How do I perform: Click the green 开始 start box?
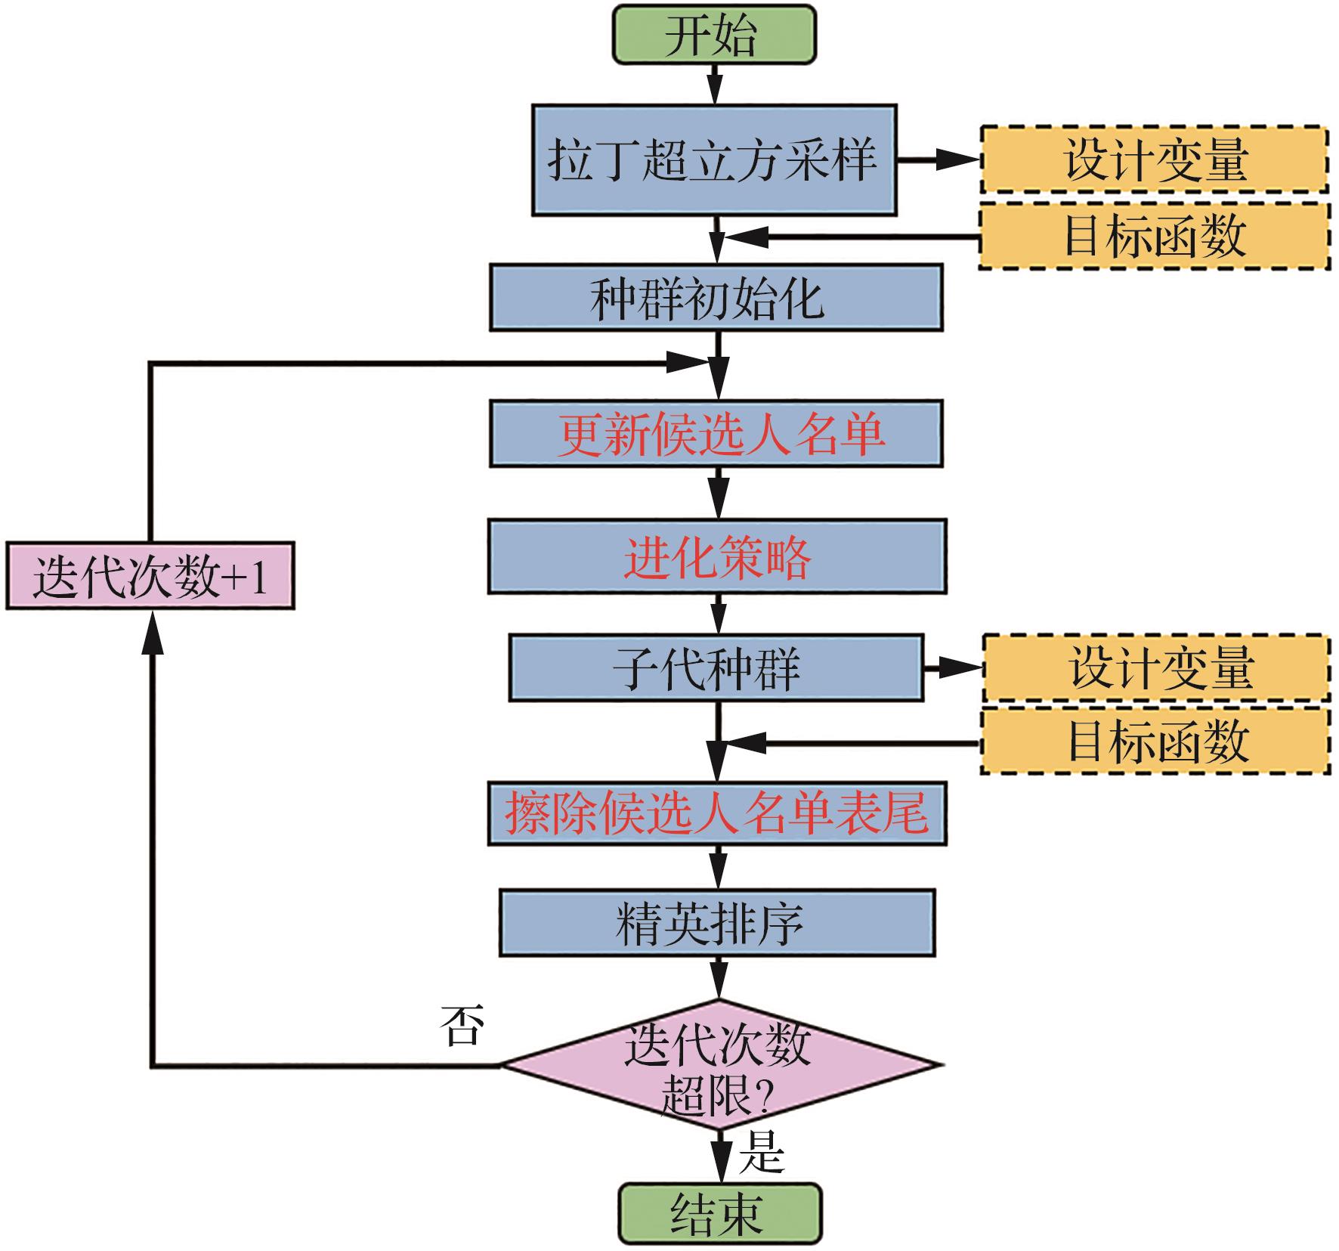click(714, 34)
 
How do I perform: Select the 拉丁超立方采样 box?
click(714, 160)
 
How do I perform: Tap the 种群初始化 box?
click(716, 298)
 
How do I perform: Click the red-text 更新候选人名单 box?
click(716, 434)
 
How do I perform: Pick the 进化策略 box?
click(716, 556)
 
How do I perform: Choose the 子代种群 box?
click(716, 668)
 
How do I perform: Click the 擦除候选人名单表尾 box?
click(716, 814)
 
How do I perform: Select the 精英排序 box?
click(716, 924)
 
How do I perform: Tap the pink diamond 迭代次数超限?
click(719, 1065)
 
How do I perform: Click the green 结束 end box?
click(719, 1214)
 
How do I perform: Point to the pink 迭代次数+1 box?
click(150, 576)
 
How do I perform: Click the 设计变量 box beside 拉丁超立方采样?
click(1154, 159)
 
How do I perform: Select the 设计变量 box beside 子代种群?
click(1156, 668)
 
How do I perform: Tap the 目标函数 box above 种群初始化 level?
click(1154, 236)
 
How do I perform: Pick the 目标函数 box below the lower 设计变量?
click(1156, 741)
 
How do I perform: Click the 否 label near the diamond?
click(462, 1026)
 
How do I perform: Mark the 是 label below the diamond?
click(761, 1152)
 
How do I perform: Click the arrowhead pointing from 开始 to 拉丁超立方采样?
click(714, 89)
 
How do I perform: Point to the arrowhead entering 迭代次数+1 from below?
click(153, 630)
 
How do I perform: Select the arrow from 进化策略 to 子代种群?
click(718, 614)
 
